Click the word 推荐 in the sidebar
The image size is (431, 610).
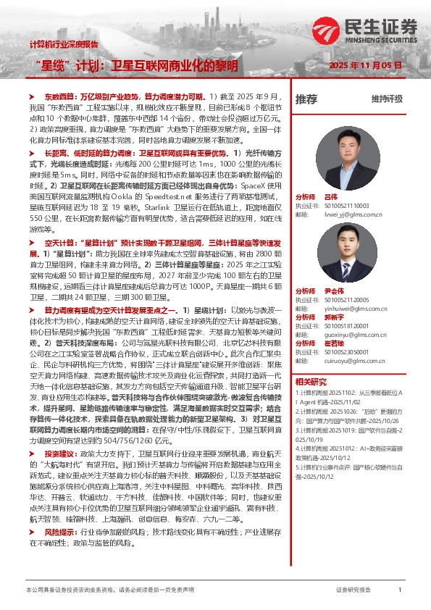tap(306, 99)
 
